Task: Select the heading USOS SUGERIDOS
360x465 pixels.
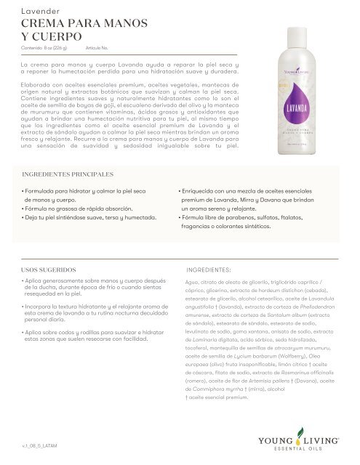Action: pos(46,268)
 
